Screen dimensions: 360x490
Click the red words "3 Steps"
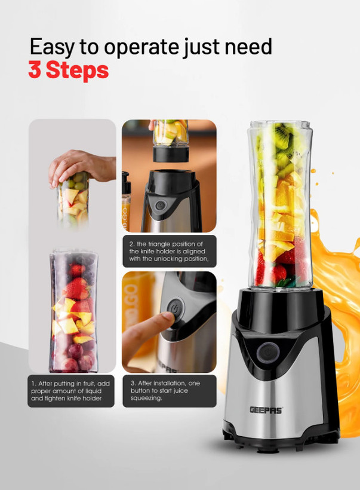click(x=69, y=70)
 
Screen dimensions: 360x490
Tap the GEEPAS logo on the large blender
click(x=266, y=410)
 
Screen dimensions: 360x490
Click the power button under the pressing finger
click(x=175, y=308)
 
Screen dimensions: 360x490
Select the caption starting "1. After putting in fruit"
click(x=70, y=391)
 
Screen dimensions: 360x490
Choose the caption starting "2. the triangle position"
click(x=169, y=252)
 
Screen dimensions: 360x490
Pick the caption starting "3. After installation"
click(x=169, y=391)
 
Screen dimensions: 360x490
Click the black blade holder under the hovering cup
click(x=171, y=154)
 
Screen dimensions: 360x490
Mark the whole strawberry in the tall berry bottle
click(x=76, y=289)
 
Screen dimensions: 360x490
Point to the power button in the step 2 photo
click(x=161, y=206)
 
